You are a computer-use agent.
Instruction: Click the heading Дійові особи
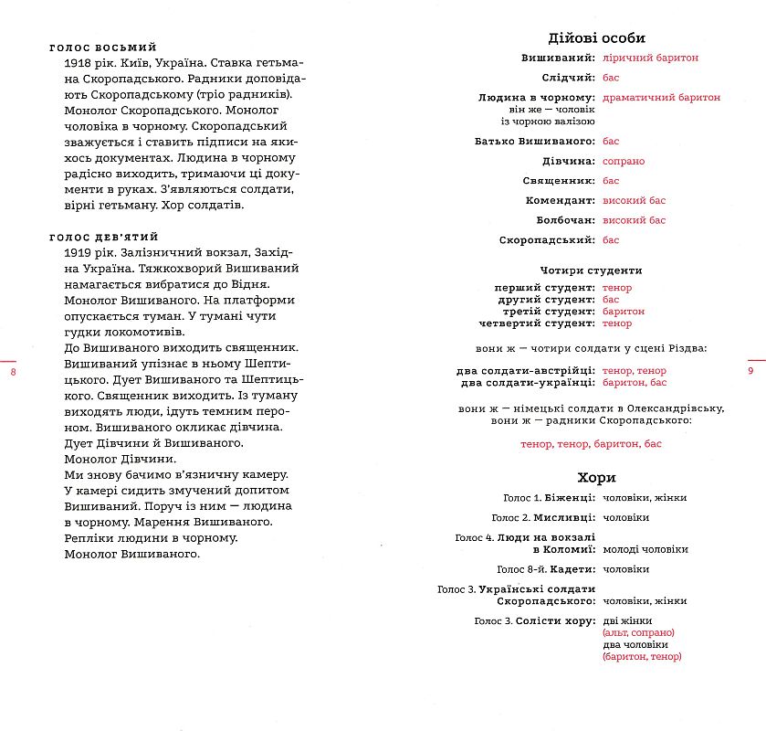pyautogui.click(x=596, y=37)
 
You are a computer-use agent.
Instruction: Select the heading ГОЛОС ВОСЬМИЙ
pyautogui.click(x=103, y=48)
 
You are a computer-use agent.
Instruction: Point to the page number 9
pyautogui.click(x=750, y=371)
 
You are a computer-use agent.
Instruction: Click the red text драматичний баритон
pyautogui.click(x=661, y=97)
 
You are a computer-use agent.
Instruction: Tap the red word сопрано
pyautogui.click(x=624, y=161)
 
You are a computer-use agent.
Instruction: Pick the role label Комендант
pyautogui.click(x=560, y=200)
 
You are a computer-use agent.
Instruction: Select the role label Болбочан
pyautogui.click(x=564, y=220)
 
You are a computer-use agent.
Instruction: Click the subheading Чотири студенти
pyautogui.click(x=591, y=270)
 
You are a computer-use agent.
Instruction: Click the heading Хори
pyautogui.click(x=597, y=478)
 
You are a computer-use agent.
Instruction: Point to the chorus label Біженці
pyautogui.click(x=572, y=498)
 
